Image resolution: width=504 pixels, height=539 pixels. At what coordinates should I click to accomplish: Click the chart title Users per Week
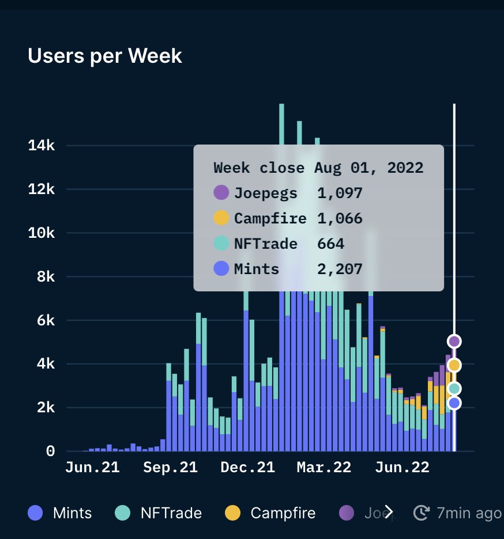tap(105, 56)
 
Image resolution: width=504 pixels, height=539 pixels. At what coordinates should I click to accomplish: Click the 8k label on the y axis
tap(47, 277)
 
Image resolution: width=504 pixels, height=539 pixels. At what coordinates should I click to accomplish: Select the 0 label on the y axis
tap(51, 451)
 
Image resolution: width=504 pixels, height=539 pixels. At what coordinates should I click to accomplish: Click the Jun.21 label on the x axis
tap(92, 468)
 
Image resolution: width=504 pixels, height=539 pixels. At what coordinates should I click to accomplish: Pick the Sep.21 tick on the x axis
tap(170, 468)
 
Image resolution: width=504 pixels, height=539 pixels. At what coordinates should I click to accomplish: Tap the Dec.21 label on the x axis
tap(247, 468)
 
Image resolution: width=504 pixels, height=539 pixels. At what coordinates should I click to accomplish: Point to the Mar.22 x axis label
tap(324, 468)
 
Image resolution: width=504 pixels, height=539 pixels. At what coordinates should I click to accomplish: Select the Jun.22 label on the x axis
tap(402, 468)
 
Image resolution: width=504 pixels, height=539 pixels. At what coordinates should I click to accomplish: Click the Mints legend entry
tap(60, 513)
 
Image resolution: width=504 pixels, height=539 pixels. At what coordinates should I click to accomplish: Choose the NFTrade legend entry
tap(159, 513)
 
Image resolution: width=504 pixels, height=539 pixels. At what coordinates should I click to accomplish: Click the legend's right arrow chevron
tap(389, 511)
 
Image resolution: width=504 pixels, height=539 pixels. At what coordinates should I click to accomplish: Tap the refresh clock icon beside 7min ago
tap(422, 513)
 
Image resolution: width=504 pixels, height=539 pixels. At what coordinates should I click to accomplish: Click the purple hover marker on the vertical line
tap(454, 341)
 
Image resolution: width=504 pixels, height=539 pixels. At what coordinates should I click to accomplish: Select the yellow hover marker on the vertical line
tap(454, 365)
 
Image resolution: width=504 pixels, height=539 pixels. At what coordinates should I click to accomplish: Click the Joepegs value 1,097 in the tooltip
tap(340, 193)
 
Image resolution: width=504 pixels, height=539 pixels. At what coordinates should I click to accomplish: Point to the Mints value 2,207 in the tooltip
tap(340, 269)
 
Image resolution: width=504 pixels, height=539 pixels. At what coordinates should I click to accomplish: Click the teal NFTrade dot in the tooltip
tap(221, 244)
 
